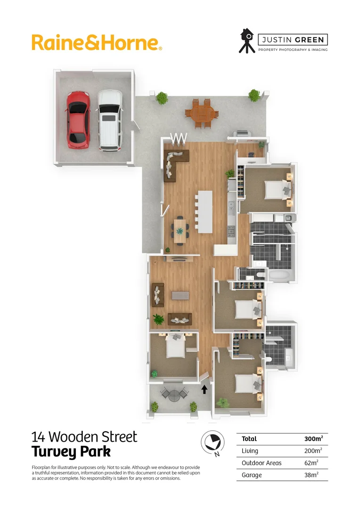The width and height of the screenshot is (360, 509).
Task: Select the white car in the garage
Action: pyautogui.click(x=109, y=120)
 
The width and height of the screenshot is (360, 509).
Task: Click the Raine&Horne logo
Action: pyautogui.click(x=97, y=42)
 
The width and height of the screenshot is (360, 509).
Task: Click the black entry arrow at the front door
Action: pyautogui.click(x=205, y=389)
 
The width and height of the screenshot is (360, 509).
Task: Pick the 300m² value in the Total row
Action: pyautogui.click(x=313, y=439)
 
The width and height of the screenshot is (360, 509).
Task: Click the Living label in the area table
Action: pyautogui.click(x=250, y=451)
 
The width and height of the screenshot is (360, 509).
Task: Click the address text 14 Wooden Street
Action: pyautogui.click(x=84, y=436)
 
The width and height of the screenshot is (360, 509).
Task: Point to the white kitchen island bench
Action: pyautogui.click(x=205, y=211)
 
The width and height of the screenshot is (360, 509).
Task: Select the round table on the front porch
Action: pyautogui.click(x=174, y=395)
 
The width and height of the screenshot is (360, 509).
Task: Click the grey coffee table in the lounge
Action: pyautogui.click(x=180, y=296)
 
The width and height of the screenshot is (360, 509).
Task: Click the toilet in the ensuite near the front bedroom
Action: pyautogui.click(x=269, y=359)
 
